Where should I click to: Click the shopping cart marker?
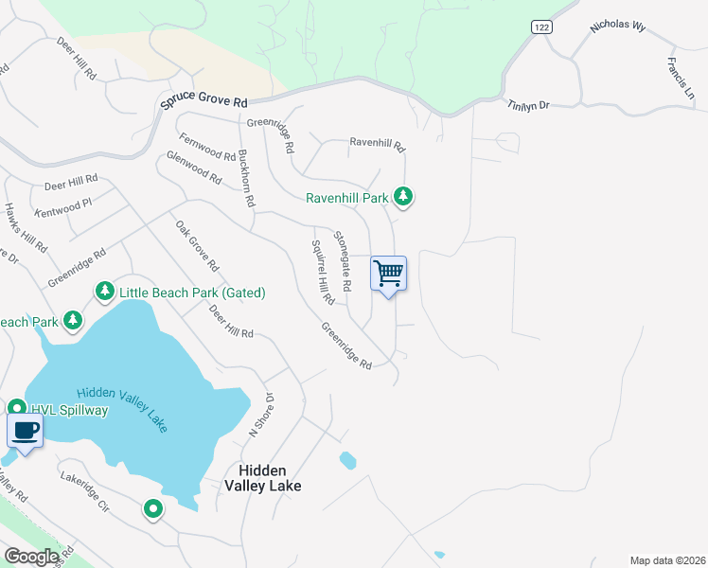[389, 275]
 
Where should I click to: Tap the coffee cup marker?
[25, 433]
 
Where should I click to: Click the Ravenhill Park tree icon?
[404, 197]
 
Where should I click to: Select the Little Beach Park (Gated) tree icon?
[104, 292]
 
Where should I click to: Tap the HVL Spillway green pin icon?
[16, 409]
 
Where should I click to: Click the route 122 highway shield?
[541, 28]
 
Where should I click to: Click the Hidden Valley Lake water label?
[122, 408]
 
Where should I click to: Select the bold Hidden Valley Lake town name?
[263, 478]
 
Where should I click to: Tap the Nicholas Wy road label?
[617, 26]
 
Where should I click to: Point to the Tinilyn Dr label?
[528, 105]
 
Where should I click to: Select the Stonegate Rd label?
[342, 259]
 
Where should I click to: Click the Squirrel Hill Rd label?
[323, 271]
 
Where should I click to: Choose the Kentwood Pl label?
[62, 203]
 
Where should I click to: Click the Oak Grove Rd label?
[197, 246]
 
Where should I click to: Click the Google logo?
[31, 557]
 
